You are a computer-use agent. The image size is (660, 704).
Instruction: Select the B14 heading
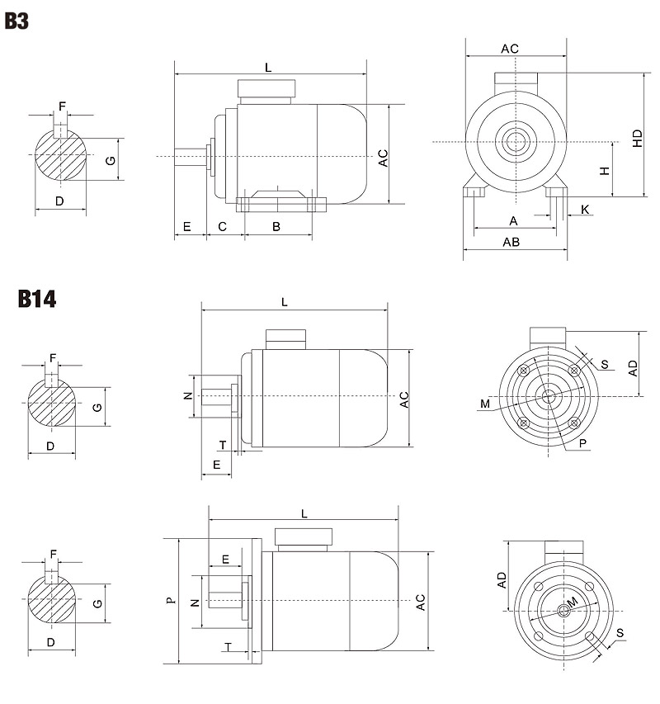(37, 298)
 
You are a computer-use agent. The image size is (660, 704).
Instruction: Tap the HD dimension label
(638, 138)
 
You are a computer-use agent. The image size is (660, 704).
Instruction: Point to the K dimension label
(586, 210)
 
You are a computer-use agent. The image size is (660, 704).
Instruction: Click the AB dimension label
(511, 242)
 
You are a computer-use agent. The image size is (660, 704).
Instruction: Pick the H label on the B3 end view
(605, 170)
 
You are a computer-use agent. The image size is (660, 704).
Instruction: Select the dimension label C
(222, 226)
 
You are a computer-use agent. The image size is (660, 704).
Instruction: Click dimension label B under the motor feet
(276, 226)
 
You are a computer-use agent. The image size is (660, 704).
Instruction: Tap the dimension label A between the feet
(513, 220)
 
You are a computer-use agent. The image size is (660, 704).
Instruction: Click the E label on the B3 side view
(187, 226)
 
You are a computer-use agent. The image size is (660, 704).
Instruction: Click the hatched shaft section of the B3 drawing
(60, 157)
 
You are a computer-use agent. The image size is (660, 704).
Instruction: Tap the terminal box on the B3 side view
(266, 89)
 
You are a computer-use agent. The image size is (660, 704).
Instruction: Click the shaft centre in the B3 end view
(516, 141)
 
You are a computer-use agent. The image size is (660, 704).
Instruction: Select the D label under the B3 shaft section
(59, 201)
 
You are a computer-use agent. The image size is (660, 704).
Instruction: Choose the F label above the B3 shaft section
(61, 106)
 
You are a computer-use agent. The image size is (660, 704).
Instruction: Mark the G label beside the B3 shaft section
(110, 160)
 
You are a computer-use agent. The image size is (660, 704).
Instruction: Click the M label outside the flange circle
(484, 404)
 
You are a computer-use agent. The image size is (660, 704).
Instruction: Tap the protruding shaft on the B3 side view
(190, 155)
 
